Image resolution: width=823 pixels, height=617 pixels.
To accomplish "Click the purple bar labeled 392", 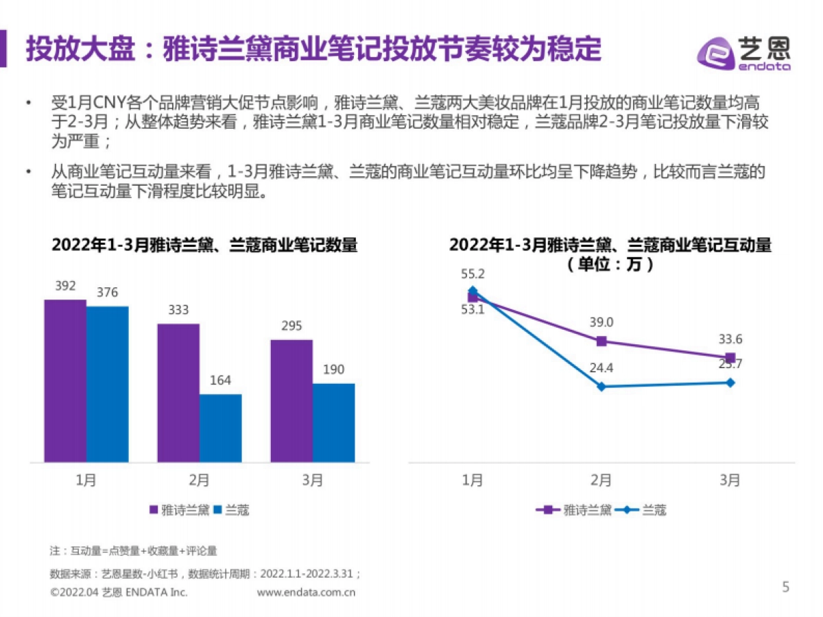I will point(65,380).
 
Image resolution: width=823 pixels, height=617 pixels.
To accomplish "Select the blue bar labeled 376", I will point(108,384).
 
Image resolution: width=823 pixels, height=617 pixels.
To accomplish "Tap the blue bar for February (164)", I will point(221,428).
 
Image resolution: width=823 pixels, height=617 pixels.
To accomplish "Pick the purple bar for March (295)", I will point(291,400).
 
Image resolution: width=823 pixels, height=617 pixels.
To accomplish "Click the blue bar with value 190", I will point(334,422).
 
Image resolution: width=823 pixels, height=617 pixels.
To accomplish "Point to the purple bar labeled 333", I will point(178,393).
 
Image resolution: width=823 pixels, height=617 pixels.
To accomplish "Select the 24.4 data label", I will point(601,368).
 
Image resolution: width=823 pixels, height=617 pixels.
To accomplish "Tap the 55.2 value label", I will point(473,274).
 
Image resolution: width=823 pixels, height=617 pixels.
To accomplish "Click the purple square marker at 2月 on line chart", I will point(601,341).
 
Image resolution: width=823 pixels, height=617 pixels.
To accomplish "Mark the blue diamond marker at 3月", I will point(730,383).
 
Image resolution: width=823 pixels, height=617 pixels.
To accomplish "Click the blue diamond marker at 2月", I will point(601,387).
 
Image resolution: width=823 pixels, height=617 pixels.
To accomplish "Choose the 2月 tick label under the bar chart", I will point(199,481).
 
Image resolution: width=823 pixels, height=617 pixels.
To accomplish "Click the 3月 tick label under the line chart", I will point(730,481).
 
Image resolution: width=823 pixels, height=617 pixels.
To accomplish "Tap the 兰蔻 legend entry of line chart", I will point(645,509).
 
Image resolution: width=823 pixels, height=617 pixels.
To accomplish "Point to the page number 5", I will point(786,587).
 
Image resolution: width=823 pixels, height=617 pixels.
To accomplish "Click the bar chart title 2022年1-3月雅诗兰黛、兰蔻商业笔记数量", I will point(204,245).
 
